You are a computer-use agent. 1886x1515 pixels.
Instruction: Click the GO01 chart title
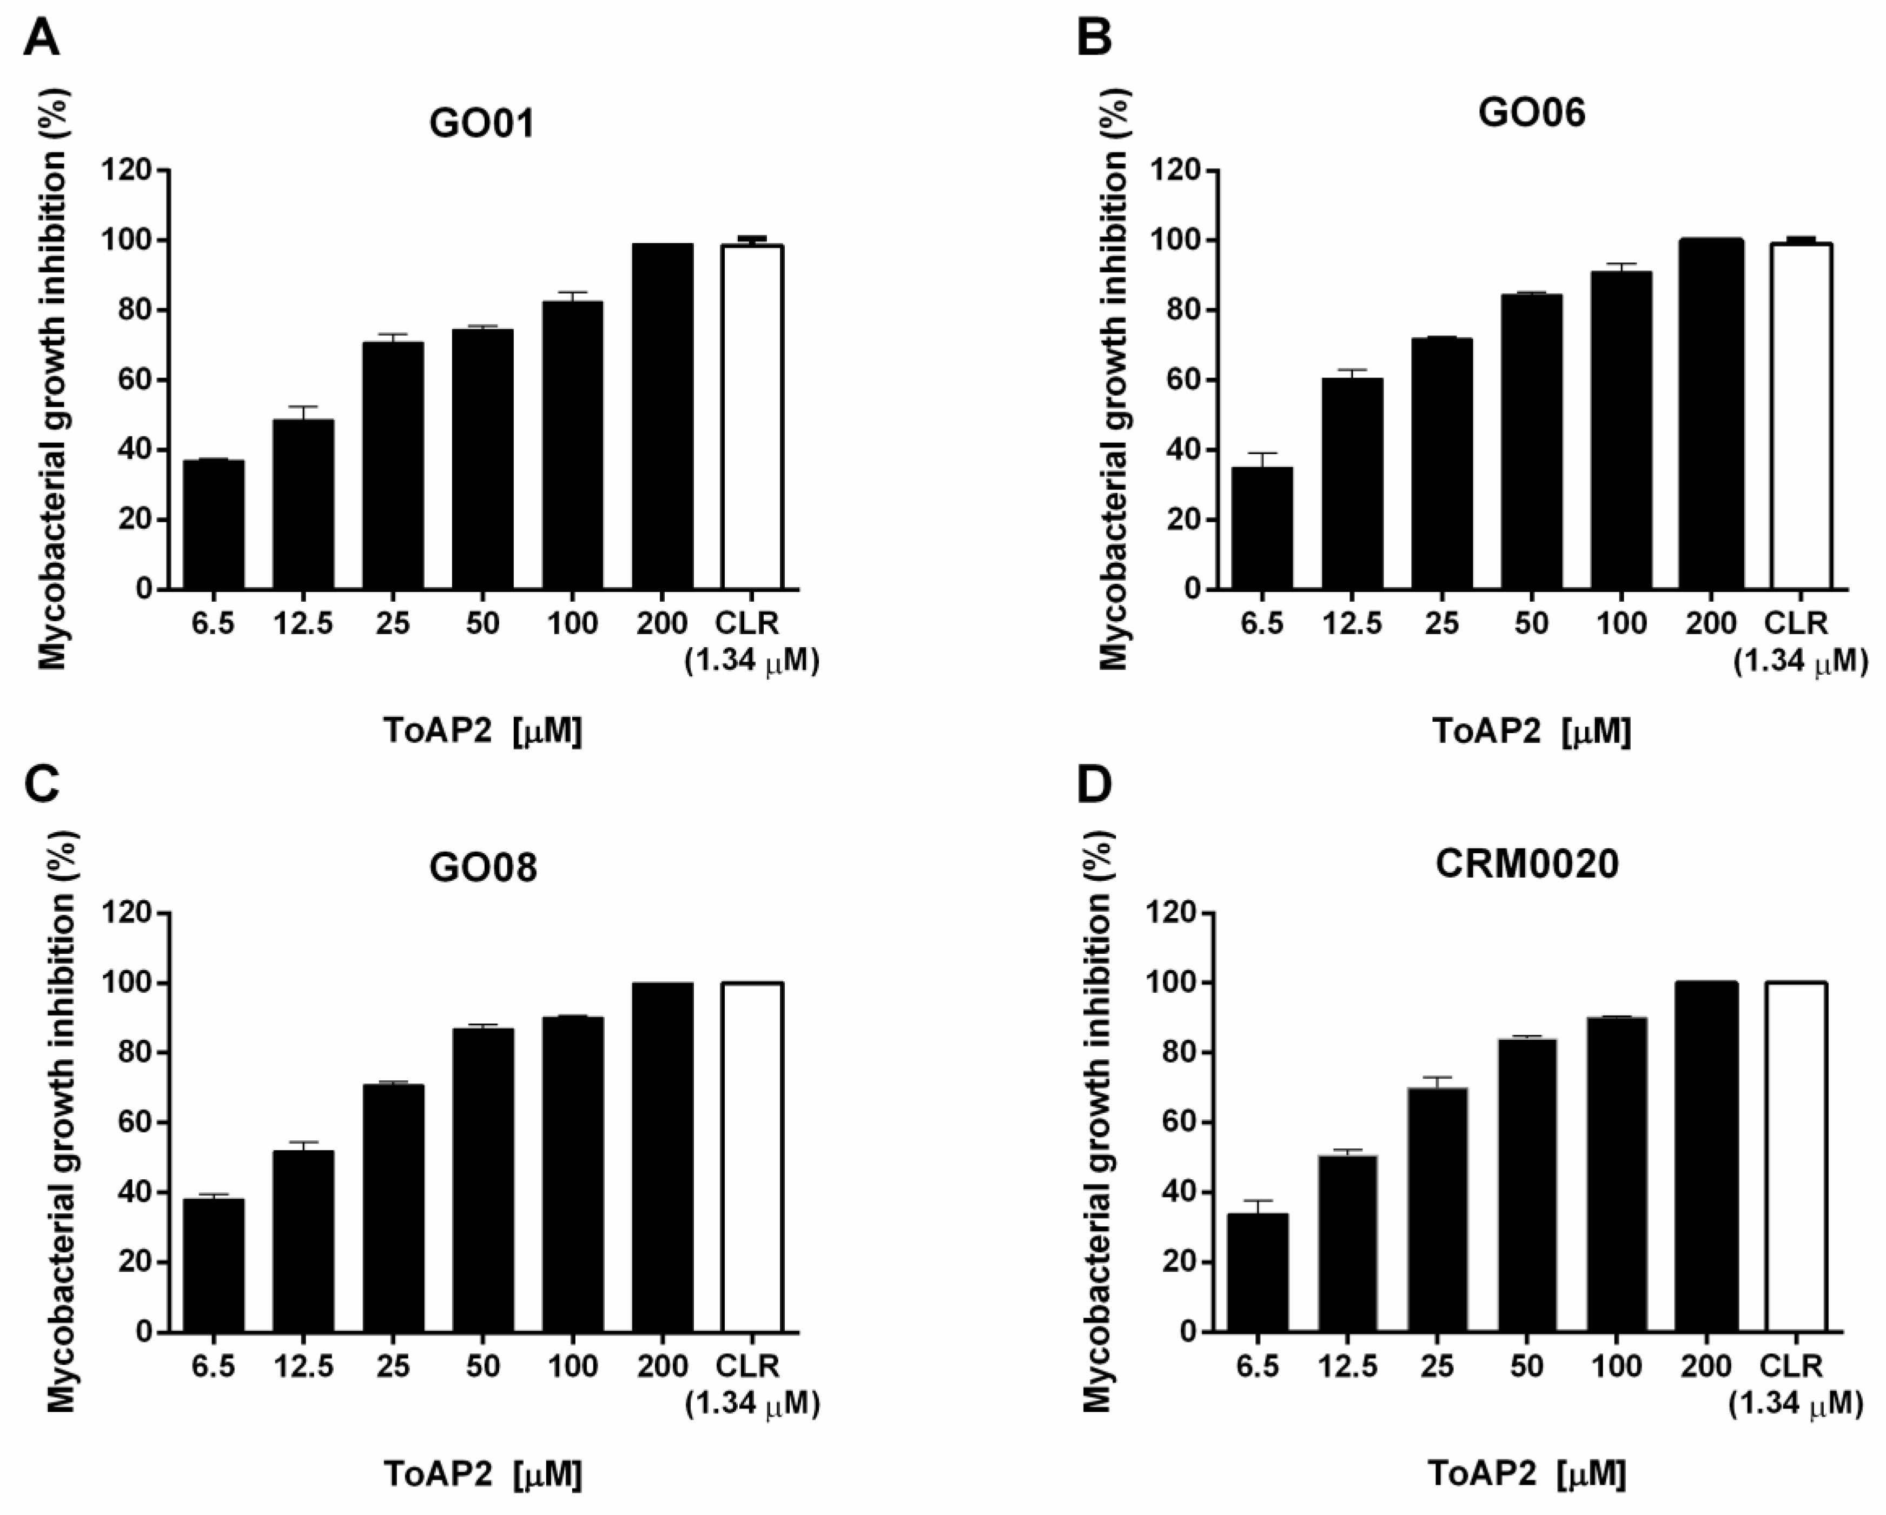(x=482, y=123)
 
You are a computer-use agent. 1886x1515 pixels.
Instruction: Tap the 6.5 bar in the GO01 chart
(x=214, y=525)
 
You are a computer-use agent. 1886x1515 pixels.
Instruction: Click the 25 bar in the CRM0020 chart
(x=1437, y=1212)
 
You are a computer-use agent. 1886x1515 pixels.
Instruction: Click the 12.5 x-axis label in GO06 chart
(x=1352, y=623)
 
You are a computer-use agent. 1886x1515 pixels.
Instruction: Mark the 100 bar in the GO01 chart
(x=573, y=446)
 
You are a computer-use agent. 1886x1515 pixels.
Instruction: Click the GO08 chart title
(x=482, y=868)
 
